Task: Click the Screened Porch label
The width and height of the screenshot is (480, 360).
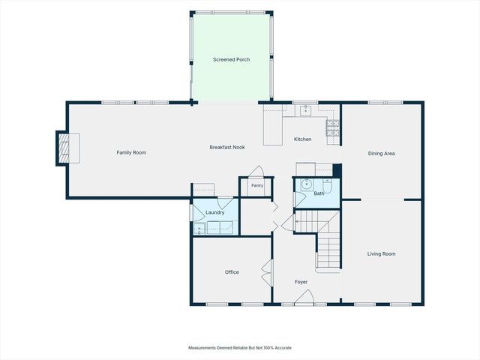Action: click(x=232, y=60)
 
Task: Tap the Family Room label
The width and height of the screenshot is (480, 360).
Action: click(x=131, y=153)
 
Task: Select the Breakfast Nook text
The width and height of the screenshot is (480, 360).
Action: click(x=227, y=147)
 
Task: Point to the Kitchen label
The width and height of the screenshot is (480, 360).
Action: click(x=303, y=139)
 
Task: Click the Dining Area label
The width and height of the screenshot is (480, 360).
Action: click(x=382, y=154)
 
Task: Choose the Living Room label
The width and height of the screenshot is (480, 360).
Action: click(x=382, y=253)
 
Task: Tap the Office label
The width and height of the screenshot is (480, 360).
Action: click(x=232, y=272)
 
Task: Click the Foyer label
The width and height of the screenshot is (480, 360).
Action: click(x=301, y=282)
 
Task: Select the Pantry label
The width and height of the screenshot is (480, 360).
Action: click(x=257, y=185)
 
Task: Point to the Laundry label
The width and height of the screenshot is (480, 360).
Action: click(x=215, y=212)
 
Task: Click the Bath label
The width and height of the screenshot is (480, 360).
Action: click(x=319, y=193)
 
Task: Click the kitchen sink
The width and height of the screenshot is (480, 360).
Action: click(x=305, y=110)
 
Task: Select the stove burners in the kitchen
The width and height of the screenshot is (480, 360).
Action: click(x=333, y=128)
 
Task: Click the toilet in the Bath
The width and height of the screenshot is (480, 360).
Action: click(x=327, y=186)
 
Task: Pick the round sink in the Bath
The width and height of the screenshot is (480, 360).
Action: click(x=306, y=184)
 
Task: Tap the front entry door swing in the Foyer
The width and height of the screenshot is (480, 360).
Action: click(x=304, y=297)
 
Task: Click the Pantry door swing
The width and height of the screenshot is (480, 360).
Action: click(x=256, y=172)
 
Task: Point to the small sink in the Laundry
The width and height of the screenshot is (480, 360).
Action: click(x=199, y=229)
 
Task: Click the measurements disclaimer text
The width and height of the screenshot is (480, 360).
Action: click(x=240, y=348)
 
